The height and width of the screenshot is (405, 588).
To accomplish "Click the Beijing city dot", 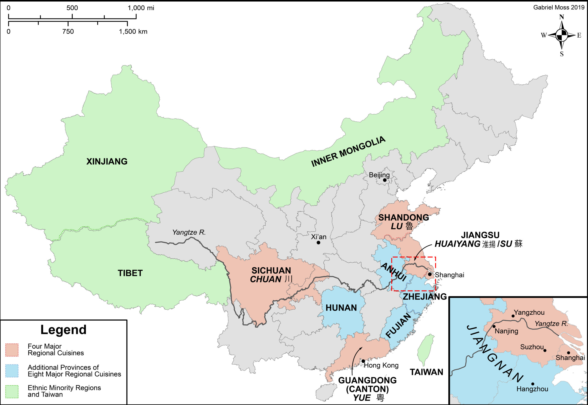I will [x=385, y=180].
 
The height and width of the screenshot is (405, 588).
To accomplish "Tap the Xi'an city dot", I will [x=318, y=243].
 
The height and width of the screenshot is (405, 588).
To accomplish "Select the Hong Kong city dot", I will [x=363, y=361].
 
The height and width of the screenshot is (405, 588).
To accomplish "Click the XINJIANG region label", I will [x=107, y=161].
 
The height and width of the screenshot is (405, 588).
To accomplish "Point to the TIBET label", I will [x=130, y=273].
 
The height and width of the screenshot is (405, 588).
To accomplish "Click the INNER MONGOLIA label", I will [x=348, y=152].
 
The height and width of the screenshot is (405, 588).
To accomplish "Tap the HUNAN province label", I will [x=341, y=308].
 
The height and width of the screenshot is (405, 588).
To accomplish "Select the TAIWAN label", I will [x=426, y=372].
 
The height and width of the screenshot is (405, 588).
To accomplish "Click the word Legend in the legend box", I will [x=64, y=330].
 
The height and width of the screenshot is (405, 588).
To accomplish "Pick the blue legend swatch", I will [x=12, y=371].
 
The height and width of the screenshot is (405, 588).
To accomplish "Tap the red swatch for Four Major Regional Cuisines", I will [x=12, y=350].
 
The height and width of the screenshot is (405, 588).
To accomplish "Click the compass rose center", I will [x=562, y=35].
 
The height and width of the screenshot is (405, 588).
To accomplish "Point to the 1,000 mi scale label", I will [x=141, y=8].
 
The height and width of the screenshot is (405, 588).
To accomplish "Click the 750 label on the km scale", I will [x=68, y=31].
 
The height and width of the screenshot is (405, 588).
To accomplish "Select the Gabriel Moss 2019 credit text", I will [x=559, y=7].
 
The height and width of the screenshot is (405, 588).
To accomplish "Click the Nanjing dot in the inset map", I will [x=494, y=326].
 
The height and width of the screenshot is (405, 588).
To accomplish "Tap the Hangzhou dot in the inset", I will [x=533, y=384].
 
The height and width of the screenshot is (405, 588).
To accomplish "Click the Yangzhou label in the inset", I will [x=529, y=312].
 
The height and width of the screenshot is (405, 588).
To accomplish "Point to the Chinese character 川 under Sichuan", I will [x=288, y=279].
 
